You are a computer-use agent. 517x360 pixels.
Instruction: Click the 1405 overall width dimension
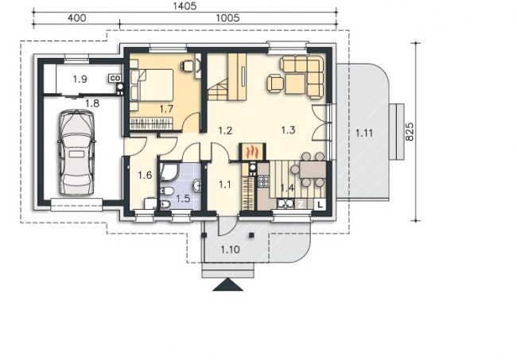tap(185, 6)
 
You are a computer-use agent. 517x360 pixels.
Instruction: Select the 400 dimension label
tap(76, 17)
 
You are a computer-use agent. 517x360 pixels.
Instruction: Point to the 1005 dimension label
tap(227, 17)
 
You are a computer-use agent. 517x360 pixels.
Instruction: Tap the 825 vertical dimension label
tap(409, 132)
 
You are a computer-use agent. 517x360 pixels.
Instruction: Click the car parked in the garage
tap(76, 153)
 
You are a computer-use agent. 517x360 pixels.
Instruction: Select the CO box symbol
tap(115, 78)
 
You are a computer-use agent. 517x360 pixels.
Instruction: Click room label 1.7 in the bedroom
tap(166, 109)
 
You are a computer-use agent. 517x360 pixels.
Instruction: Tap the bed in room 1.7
tap(152, 85)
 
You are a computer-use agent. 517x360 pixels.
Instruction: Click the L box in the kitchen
tap(320, 204)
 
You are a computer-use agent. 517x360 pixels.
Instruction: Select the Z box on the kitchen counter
tap(301, 204)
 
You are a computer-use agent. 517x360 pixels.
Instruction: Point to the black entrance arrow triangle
tap(227, 285)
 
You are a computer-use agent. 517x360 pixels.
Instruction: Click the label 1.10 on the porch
tap(230, 250)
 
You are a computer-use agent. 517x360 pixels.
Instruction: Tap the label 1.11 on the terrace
tap(364, 133)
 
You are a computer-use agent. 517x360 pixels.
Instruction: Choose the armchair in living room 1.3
tap(276, 83)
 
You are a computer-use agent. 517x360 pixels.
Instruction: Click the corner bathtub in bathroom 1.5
tap(169, 172)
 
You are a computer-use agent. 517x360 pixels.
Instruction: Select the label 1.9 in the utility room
tap(80, 79)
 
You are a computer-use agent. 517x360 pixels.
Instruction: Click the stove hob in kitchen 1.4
tap(263, 181)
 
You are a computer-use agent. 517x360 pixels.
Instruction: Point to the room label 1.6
tap(145, 175)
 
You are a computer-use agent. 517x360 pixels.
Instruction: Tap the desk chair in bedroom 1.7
tap(187, 65)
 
